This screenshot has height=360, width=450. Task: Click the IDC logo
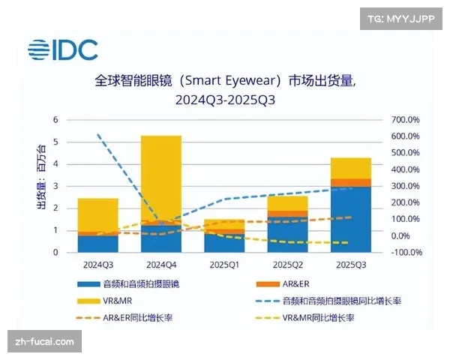click(x=63, y=50)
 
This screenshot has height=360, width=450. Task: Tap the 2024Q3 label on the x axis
click(x=97, y=265)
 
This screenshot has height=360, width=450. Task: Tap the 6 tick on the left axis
click(x=55, y=120)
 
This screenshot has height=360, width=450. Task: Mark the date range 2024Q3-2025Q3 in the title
click(x=225, y=99)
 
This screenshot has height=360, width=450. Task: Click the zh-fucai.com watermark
click(x=44, y=342)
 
